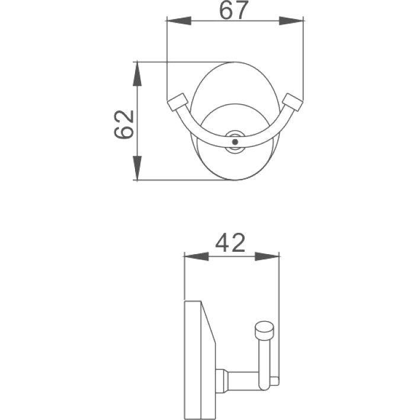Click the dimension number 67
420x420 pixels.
pyautogui.click(x=233, y=10)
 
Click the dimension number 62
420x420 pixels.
pyautogui.click(x=124, y=124)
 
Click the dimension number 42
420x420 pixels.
pyautogui.click(x=230, y=243)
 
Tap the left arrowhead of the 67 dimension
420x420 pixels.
pyautogui.click(x=179, y=21)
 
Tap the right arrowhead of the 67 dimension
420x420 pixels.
pyautogui.click(x=291, y=21)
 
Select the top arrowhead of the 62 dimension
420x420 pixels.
pyautogui.click(x=137, y=74)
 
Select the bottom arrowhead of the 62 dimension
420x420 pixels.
pyautogui.click(x=137, y=168)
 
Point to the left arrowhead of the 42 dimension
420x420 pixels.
pyautogui.click(x=196, y=257)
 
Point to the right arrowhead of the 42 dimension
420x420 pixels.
pyautogui.click(x=267, y=257)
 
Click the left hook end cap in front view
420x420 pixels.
pyautogui.click(x=177, y=101)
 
